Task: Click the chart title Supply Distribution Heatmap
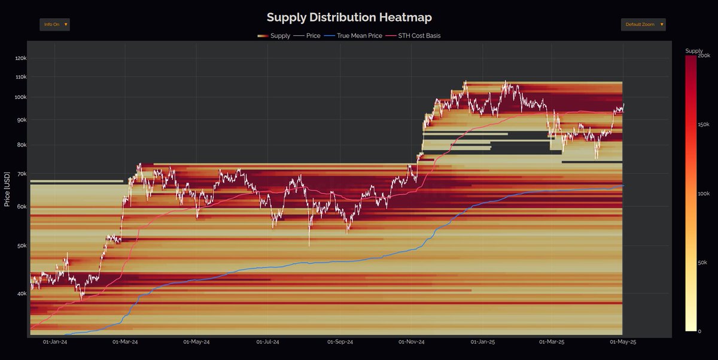tap(349, 17)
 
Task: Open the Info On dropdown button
tap(54, 25)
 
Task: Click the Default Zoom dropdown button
tap(643, 25)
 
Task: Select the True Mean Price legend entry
tap(353, 36)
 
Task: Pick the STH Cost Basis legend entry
tap(415, 36)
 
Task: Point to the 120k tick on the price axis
tap(20, 59)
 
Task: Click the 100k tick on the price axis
tap(20, 97)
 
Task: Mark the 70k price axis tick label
tap(21, 174)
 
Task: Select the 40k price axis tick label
tap(21, 294)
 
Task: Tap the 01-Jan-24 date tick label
tap(54, 342)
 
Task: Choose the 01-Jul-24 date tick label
tap(267, 342)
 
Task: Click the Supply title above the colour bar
tap(694, 51)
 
